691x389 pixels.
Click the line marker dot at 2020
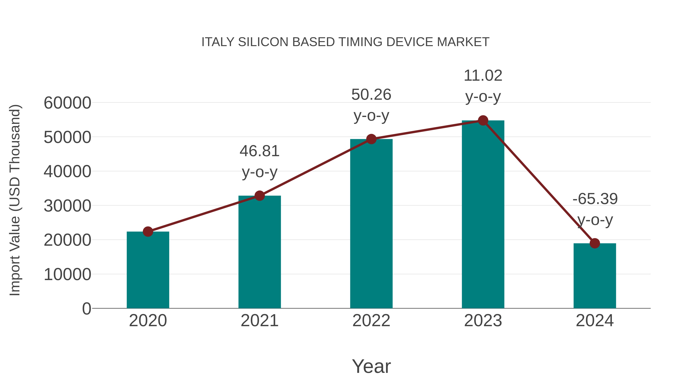tap(148, 231)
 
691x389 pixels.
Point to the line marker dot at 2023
tap(483, 120)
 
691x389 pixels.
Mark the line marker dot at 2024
tap(595, 243)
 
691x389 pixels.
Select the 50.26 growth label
tap(371, 95)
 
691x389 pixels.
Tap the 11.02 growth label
tap(483, 76)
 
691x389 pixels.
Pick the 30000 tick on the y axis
tap(67, 206)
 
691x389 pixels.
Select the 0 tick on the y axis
tap(87, 309)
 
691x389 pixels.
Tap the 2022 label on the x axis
tap(371, 321)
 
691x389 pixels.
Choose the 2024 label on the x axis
tap(595, 321)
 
